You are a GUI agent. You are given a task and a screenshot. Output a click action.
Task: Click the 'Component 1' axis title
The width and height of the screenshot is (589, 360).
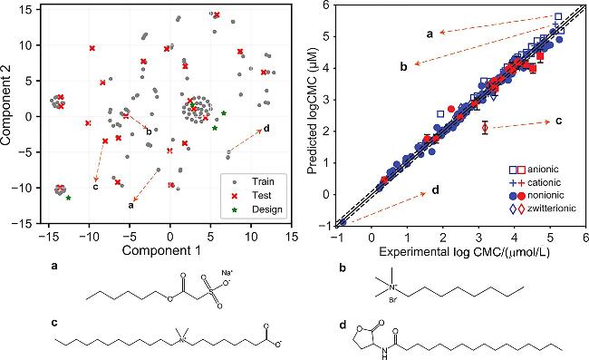(161, 250)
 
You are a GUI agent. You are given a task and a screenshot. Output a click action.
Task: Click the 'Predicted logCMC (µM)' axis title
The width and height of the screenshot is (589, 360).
(312, 111)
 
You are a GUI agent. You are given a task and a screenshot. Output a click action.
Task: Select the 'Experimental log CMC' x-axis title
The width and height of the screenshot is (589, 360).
(464, 252)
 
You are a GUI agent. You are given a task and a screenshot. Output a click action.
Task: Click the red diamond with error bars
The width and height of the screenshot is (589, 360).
(485, 128)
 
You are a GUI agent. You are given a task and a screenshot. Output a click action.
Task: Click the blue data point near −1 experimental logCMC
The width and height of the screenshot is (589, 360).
(343, 222)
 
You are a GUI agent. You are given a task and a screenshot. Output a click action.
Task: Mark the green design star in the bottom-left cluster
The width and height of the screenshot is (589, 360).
(68, 198)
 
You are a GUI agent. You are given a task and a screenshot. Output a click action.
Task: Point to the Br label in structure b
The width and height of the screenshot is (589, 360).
(391, 301)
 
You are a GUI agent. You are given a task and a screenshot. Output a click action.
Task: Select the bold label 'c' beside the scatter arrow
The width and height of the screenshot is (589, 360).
(96, 187)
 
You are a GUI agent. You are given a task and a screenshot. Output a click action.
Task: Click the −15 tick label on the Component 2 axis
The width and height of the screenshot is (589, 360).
(24, 224)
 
